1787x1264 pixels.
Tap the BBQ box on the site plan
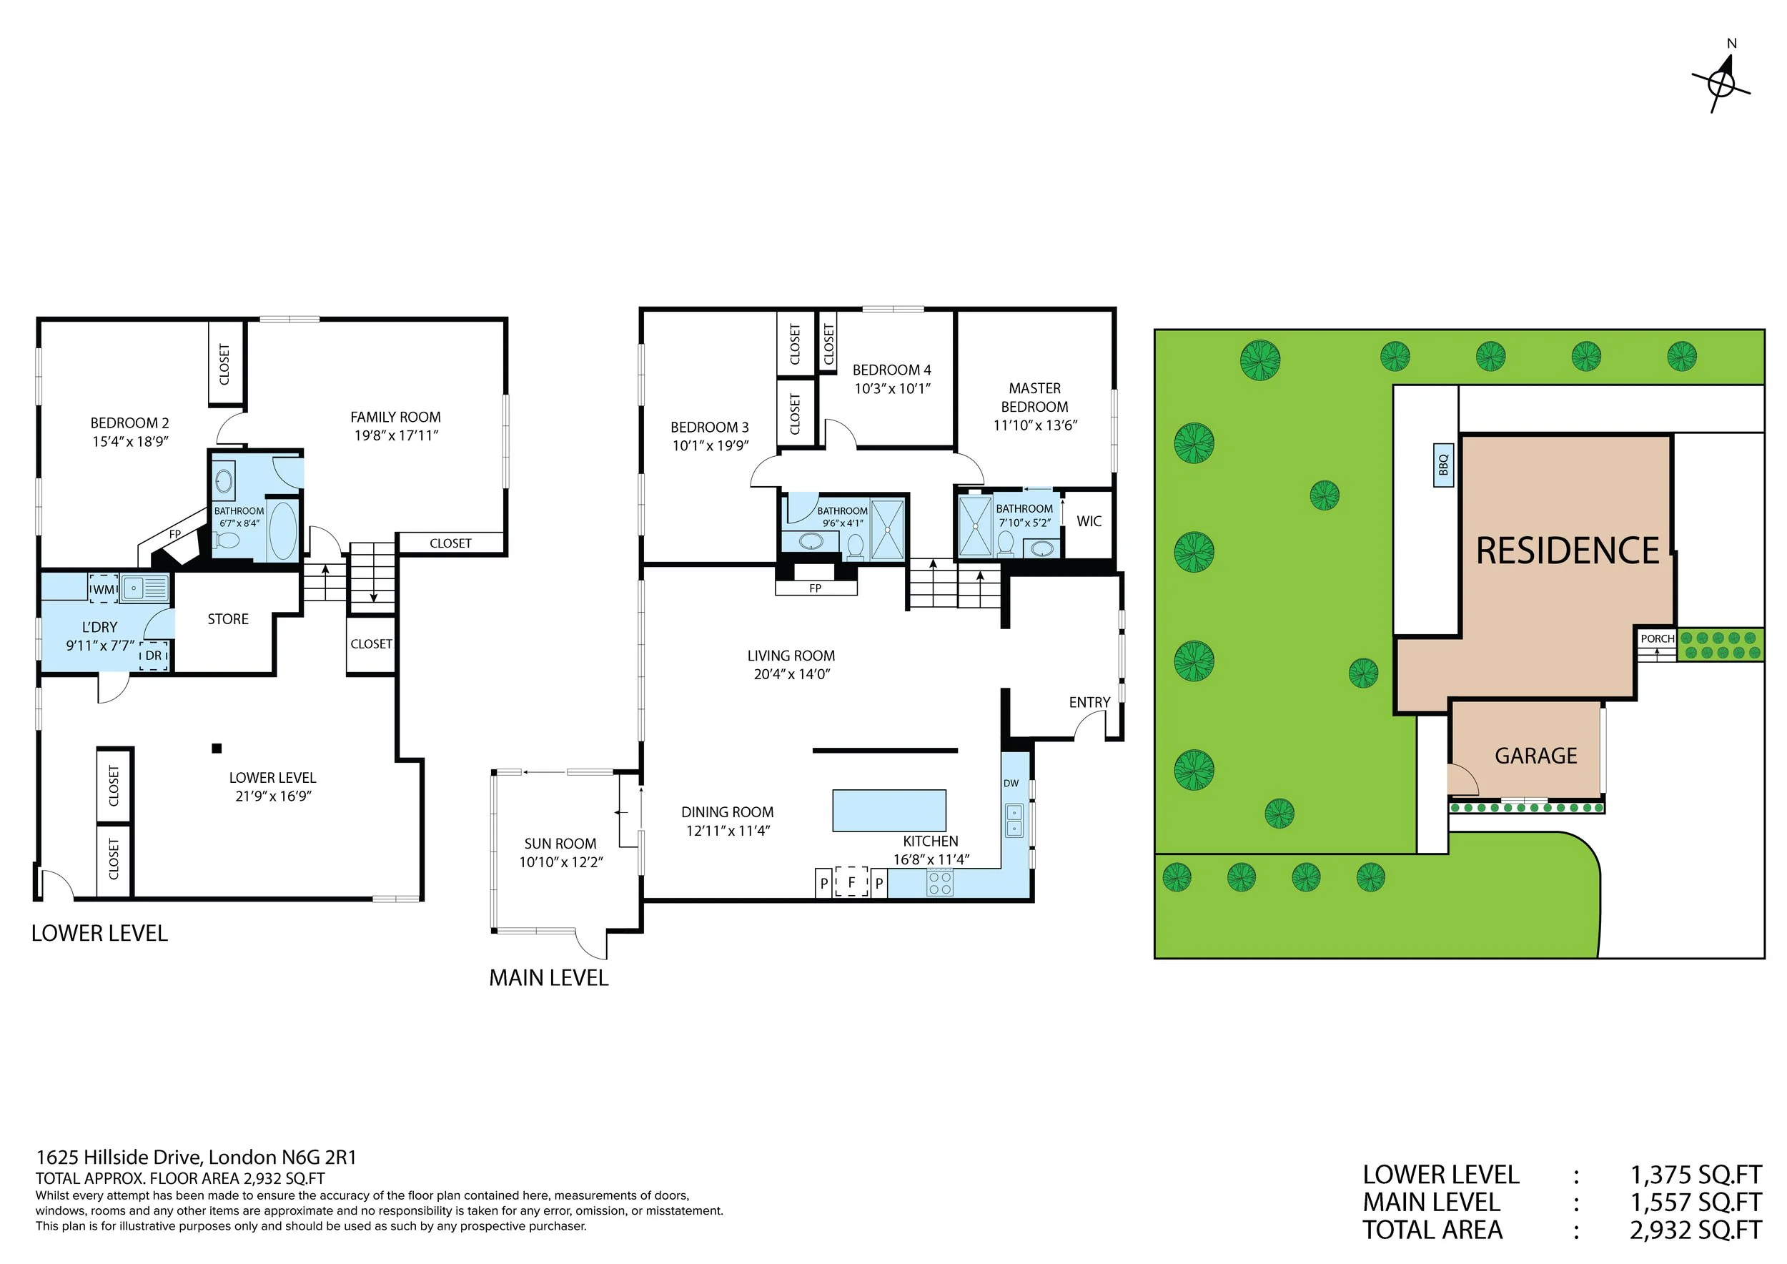click(1444, 465)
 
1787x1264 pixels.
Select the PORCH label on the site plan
click(1657, 638)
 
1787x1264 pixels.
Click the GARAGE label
click(1535, 756)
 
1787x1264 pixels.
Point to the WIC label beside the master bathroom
click(1089, 521)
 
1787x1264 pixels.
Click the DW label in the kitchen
click(1011, 783)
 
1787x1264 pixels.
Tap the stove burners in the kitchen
click(940, 883)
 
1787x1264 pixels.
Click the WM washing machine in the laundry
click(104, 589)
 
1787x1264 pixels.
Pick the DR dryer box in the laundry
click(154, 656)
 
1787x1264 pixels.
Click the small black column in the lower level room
click(217, 749)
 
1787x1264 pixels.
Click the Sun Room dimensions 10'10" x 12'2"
click(561, 862)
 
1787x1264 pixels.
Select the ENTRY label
click(1089, 703)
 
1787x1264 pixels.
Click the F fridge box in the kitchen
click(851, 882)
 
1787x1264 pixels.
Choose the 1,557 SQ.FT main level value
click(1696, 1203)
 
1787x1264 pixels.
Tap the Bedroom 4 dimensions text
click(892, 388)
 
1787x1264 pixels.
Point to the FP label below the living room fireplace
click(816, 588)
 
